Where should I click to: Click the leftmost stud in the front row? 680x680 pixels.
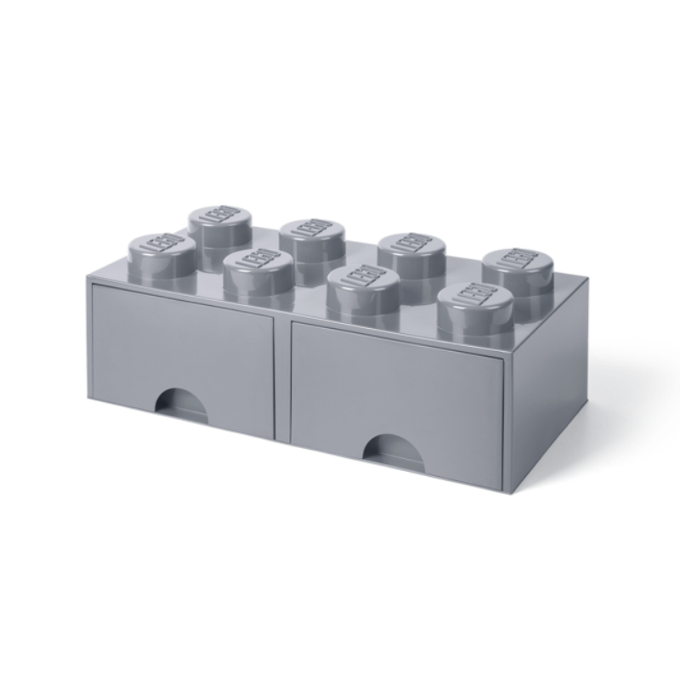point(162,259)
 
